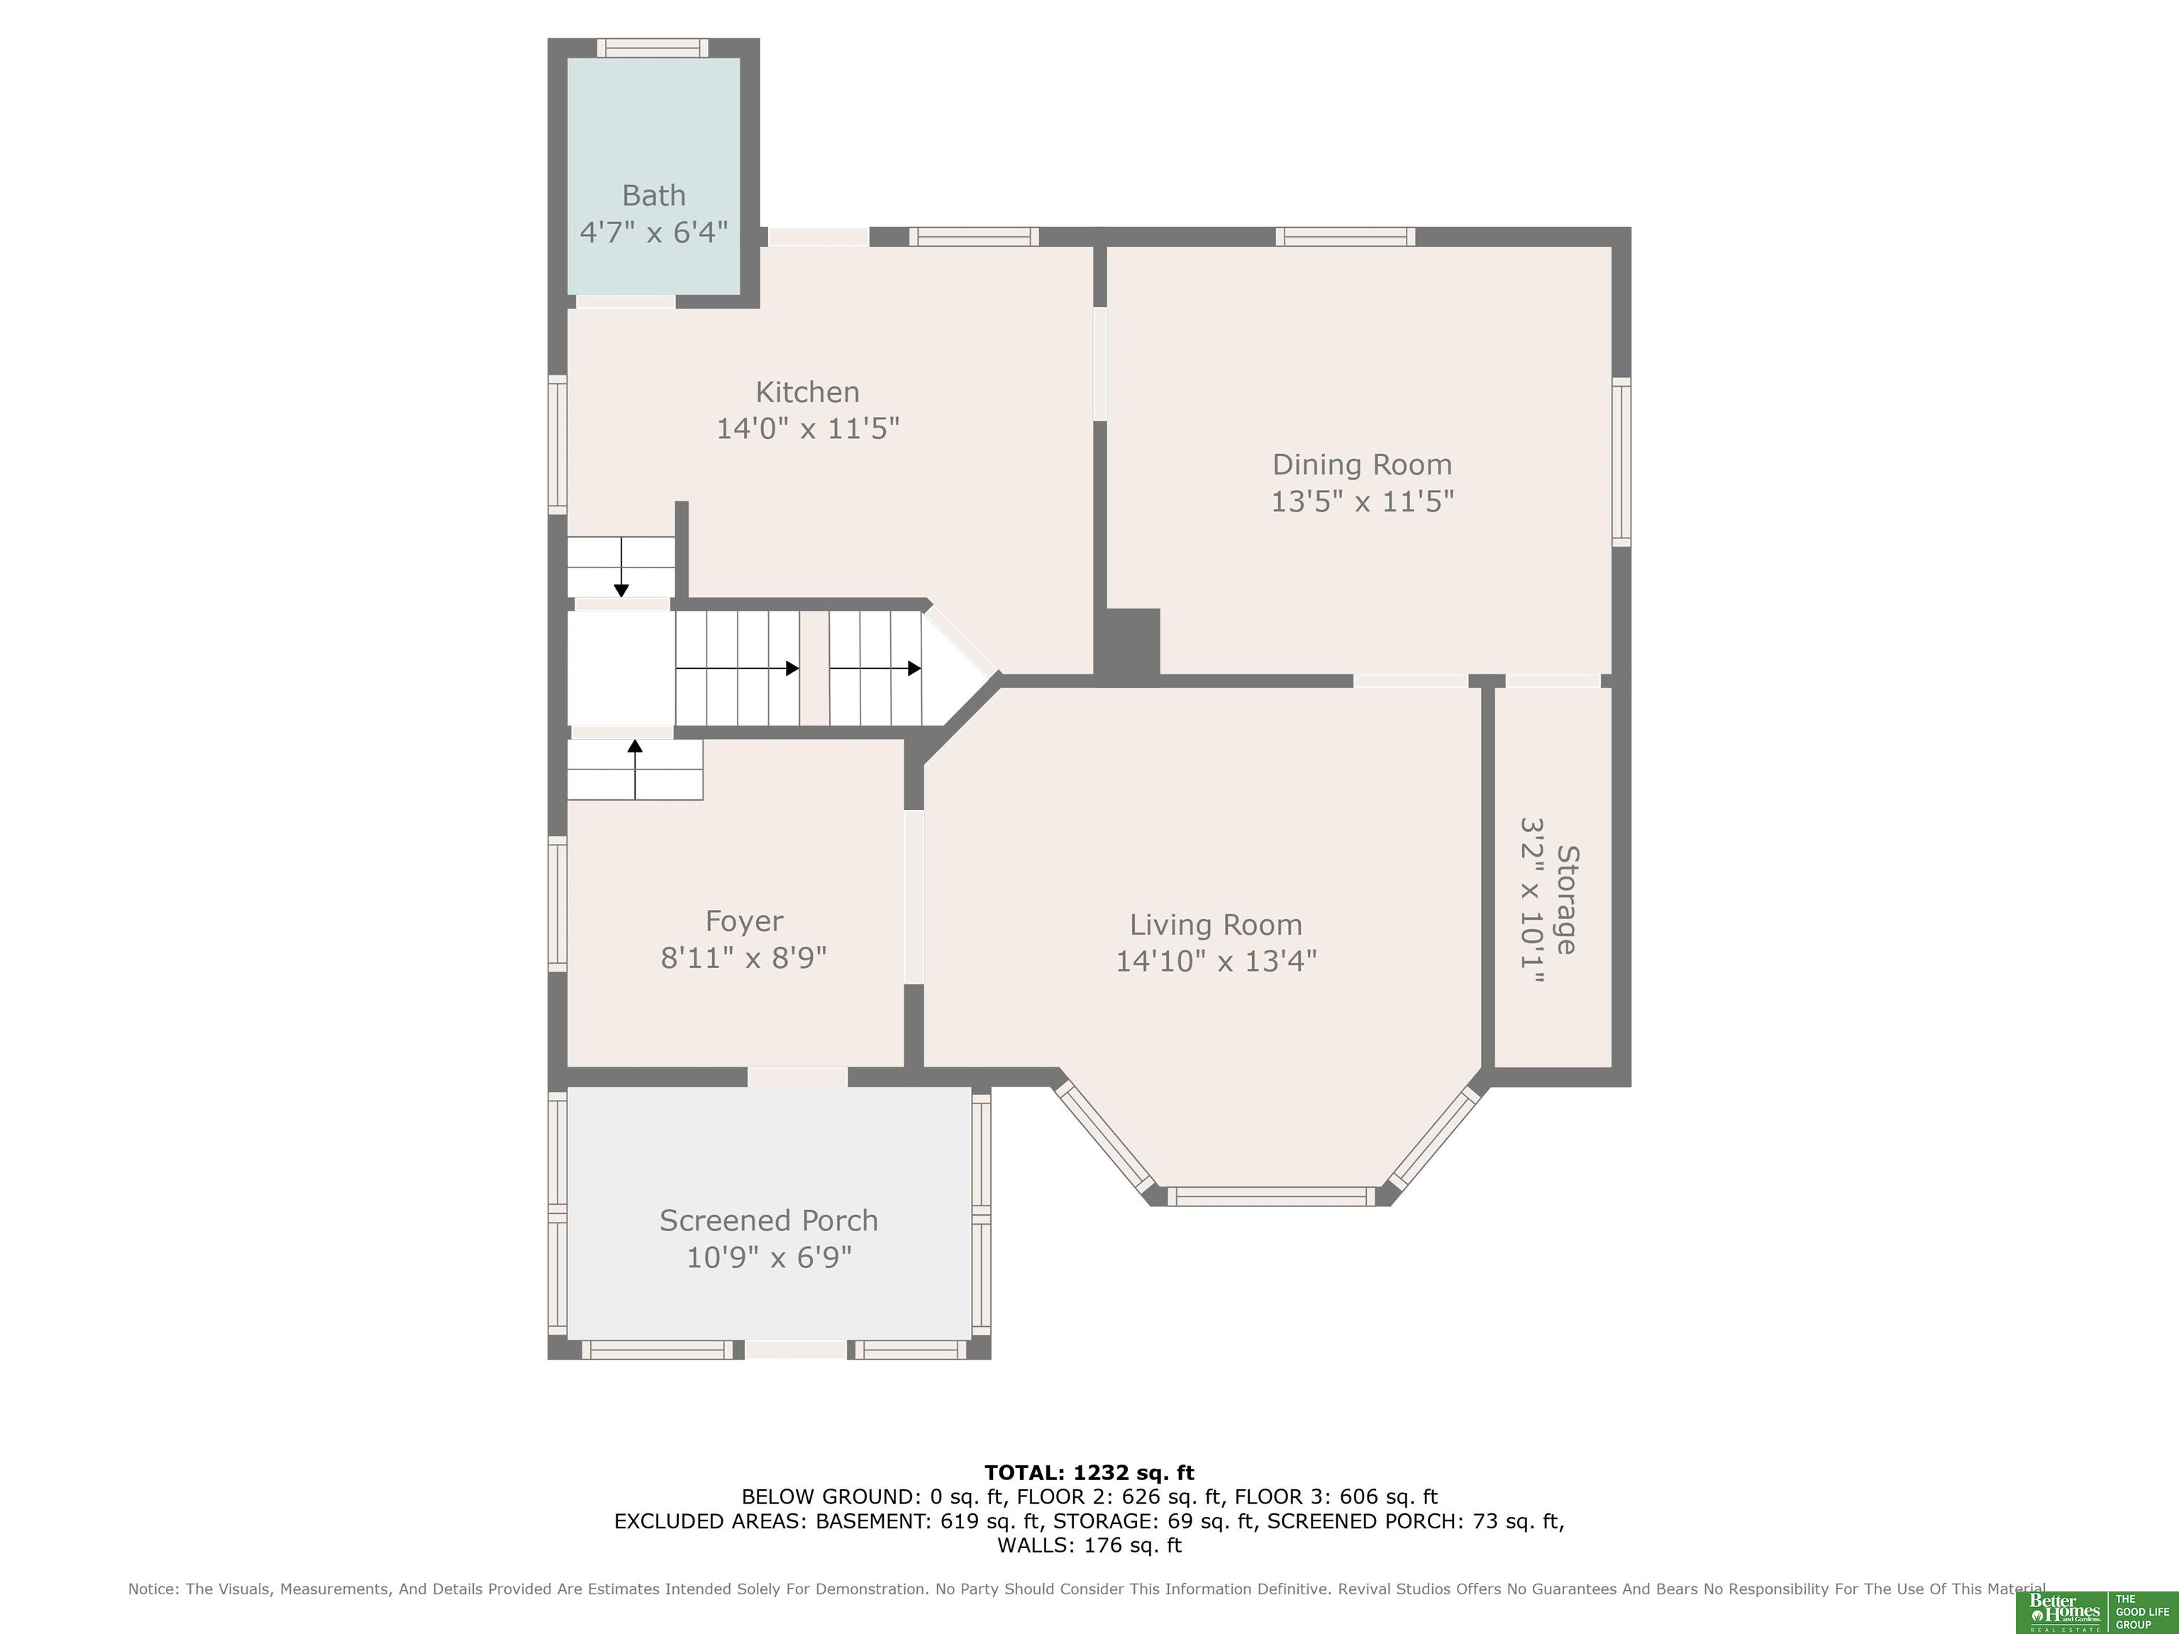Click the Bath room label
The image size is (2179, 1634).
[653, 196]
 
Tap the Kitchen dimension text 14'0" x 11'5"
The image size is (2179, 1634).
[808, 428]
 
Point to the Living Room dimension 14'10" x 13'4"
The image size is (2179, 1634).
[1216, 960]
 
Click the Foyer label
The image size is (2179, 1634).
[744, 922]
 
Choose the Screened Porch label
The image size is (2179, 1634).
[768, 1221]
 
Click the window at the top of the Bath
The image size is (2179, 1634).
[652, 48]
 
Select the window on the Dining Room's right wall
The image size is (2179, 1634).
[1621, 461]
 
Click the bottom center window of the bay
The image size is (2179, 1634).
[1271, 1196]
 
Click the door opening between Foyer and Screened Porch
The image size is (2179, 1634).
[797, 1077]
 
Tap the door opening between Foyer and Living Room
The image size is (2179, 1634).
[914, 896]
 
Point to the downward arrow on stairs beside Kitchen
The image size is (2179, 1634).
[621, 567]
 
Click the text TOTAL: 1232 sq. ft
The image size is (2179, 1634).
[1089, 1472]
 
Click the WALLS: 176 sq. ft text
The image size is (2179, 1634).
[1089, 1545]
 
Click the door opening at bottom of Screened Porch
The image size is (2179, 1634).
[796, 1350]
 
